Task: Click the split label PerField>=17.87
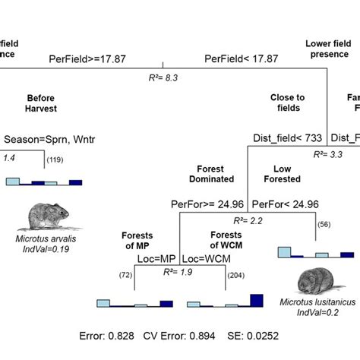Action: pyautogui.click(x=90, y=58)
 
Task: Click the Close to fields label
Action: pyautogui.click(x=287, y=103)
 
